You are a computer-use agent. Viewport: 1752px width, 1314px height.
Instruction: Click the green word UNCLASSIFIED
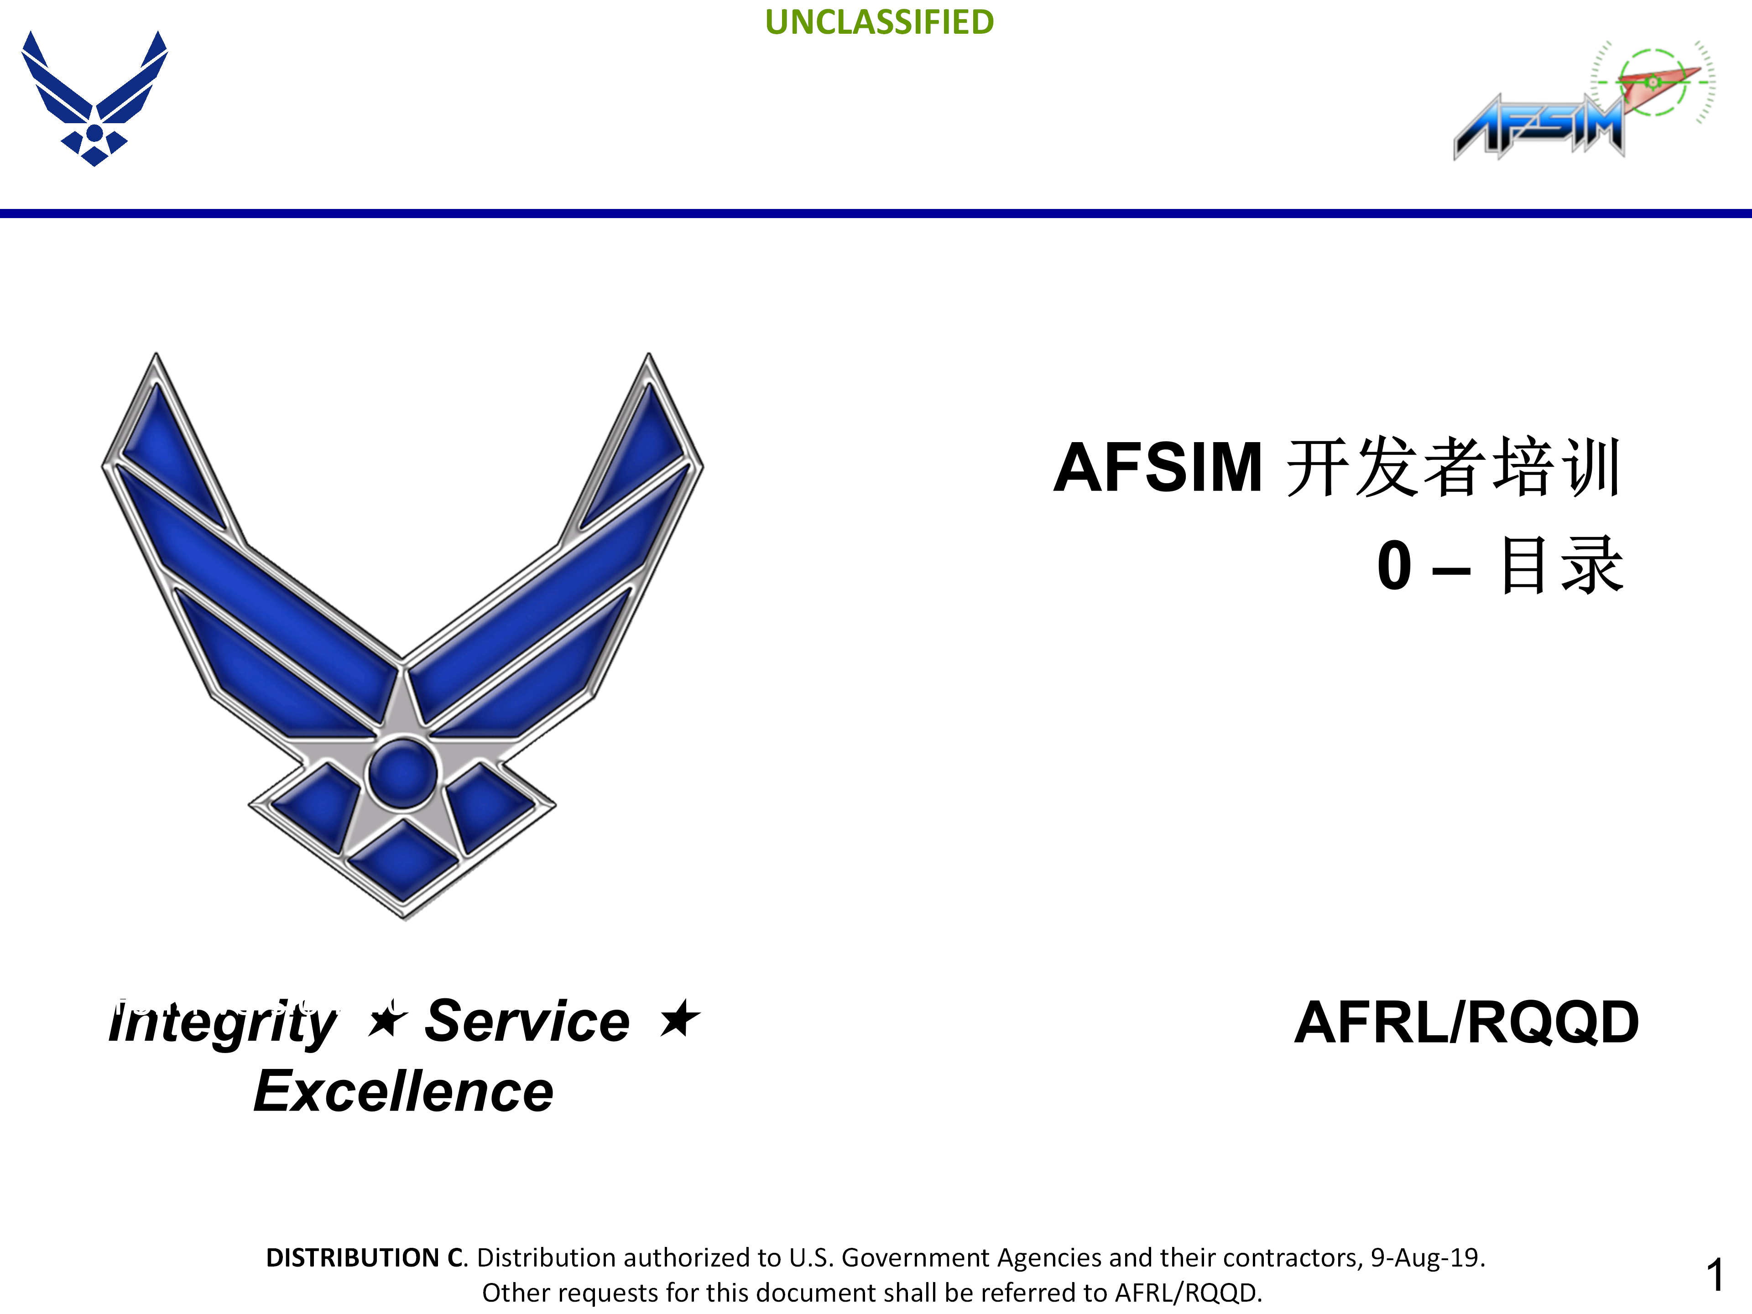point(879,22)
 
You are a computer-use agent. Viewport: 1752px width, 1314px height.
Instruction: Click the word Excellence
point(403,1091)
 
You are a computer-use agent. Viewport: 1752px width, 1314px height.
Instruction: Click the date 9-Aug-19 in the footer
point(1427,1258)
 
